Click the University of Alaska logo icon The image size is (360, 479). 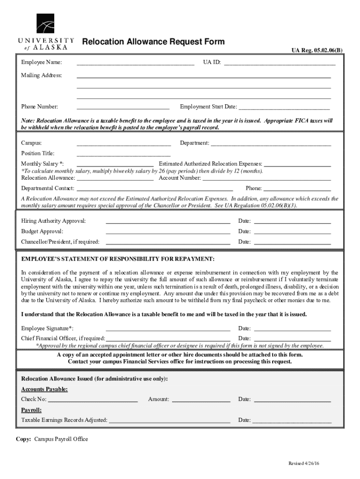pyautogui.click(x=45, y=23)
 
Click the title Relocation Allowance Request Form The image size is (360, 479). pyautogui.click(x=153, y=42)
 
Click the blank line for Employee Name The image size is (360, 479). pyautogui.click(x=136, y=63)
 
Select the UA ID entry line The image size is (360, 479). pyautogui.click(x=280, y=63)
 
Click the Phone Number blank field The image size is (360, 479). pyautogui.click(x=123, y=107)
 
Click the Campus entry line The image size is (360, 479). pyautogui.click(x=123, y=143)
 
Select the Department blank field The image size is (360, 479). pyautogui.click(x=271, y=143)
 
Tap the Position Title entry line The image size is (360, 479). pyautogui.click(x=123, y=153)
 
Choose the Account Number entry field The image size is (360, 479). pyautogui.click(x=266, y=178)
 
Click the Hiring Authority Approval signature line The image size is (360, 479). pyautogui.click(x=168, y=221)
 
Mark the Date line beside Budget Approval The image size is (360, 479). pyautogui.click(x=292, y=232)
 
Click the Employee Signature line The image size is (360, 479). pyautogui.click(x=168, y=328)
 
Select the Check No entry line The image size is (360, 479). pyautogui.click(x=93, y=399)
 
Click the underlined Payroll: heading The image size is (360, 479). pyautogui.click(x=32, y=410)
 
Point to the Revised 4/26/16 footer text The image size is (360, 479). pyautogui.click(x=304, y=463)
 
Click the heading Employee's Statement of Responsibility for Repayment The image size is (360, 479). pyautogui.click(x=118, y=259)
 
